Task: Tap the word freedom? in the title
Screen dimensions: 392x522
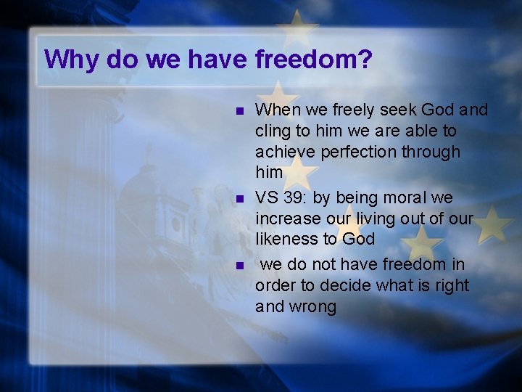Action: pyautogui.click(x=314, y=60)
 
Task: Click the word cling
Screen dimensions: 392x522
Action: pyautogui.click(x=273, y=131)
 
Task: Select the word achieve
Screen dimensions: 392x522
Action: pyautogui.click(x=283, y=152)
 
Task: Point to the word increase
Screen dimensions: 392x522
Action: pyautogui.click(x=287, y=219)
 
